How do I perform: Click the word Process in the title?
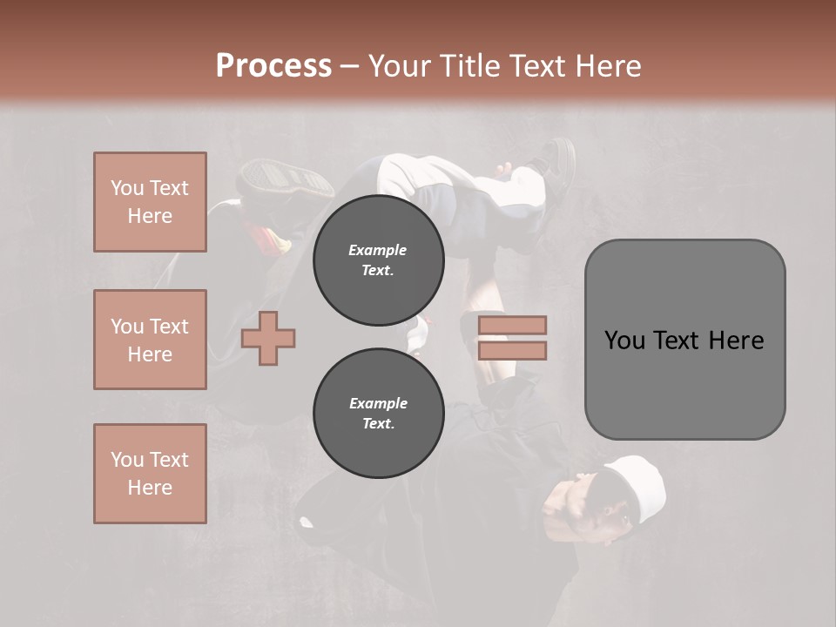[x=273, y=66]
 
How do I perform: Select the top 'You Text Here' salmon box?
[x=150, y=202]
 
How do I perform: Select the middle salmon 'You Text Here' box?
[x=150, y=340]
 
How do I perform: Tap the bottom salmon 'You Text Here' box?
[x=150, y=473]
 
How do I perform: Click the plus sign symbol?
[x=268, y=338]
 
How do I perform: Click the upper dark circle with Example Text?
[x=378, y=260]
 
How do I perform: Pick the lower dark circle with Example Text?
[x=378, y=414]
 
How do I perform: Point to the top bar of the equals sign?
[x=513, y=326]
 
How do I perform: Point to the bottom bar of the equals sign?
[x=513, y=350]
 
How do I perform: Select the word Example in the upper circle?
[x=378, y=250]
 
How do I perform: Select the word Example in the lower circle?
[x=378, y=403]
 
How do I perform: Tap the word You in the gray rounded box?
[x=624, y=340]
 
